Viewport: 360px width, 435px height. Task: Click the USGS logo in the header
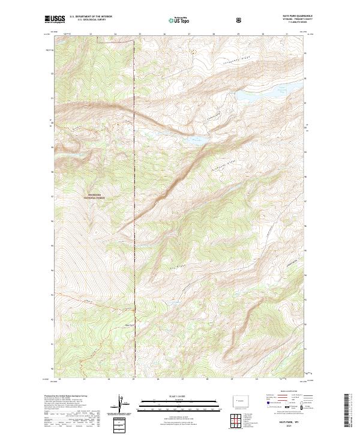coord(55,20)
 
